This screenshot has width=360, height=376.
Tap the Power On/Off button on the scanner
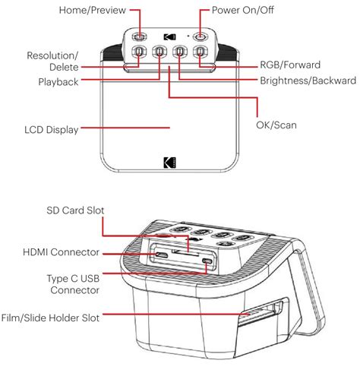pos(200,36)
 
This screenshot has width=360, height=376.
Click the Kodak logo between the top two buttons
pos(169,36)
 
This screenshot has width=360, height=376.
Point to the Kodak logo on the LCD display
pos(169,162)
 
